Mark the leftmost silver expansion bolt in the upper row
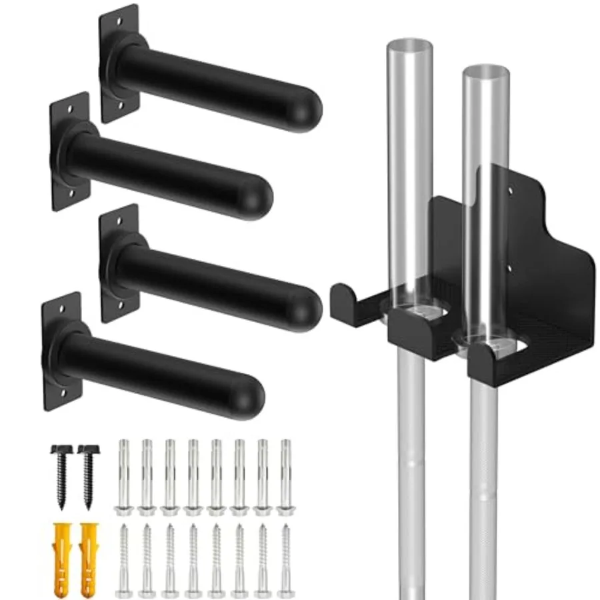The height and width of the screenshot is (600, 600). [x=123, y=477]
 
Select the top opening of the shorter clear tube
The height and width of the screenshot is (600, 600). [x=486, y=70]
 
